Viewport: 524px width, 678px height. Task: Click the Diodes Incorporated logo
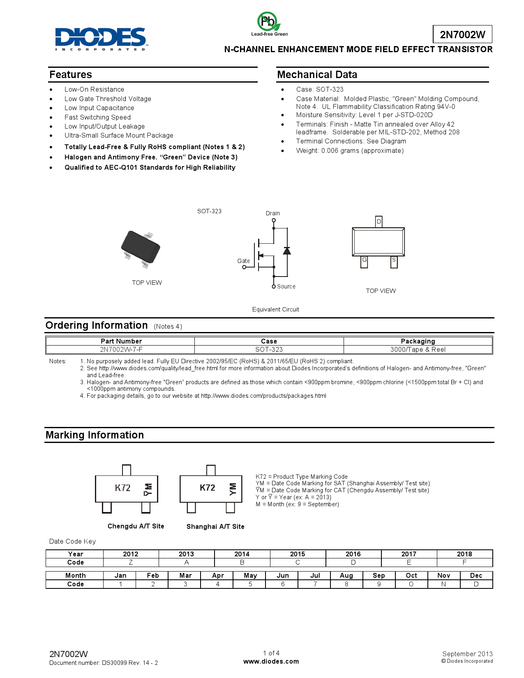pyautogui.click(x=101, y=39)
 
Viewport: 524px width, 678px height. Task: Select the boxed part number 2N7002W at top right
pyautogui.click(x=462, y=35)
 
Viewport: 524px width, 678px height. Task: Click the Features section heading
pyautogui.click(x=71, y=75)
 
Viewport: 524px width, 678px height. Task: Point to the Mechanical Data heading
pyautogui.click(x=317, y=75)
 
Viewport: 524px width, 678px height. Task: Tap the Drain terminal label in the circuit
pyautogui.click(x=272, y=213)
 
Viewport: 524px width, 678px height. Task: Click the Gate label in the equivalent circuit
pyautogui.click(x=243, y=261)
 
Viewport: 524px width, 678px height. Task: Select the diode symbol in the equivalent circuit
pyautogui.click(x=287, y=251)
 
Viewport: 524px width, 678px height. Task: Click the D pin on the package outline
pyautogui.click(x=379, y=221)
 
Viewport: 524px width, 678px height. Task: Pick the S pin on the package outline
pyautogui.click(x=394, y=260)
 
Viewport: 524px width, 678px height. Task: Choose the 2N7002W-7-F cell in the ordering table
pyautogui.click(x=121, y=350)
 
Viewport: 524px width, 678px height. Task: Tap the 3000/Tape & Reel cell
pyautogui.click(x=418, y=350)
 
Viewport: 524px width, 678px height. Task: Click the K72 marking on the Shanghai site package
pyautogui.click(x=208, y=488)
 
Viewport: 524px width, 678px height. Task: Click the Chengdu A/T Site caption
pyautogui.click(x=136, y=526)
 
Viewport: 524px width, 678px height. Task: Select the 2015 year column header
pyautogui.click(x=298, y=554)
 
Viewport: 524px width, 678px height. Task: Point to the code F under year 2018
pyautogui.click(x=464, y=563)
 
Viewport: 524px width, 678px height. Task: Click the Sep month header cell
pyautogui.click(x=379, y=576)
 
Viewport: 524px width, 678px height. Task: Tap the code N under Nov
pyautogui.click(x=443, y=584)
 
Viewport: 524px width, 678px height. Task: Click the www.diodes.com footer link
pyautogui.click(x=271, y=662)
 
